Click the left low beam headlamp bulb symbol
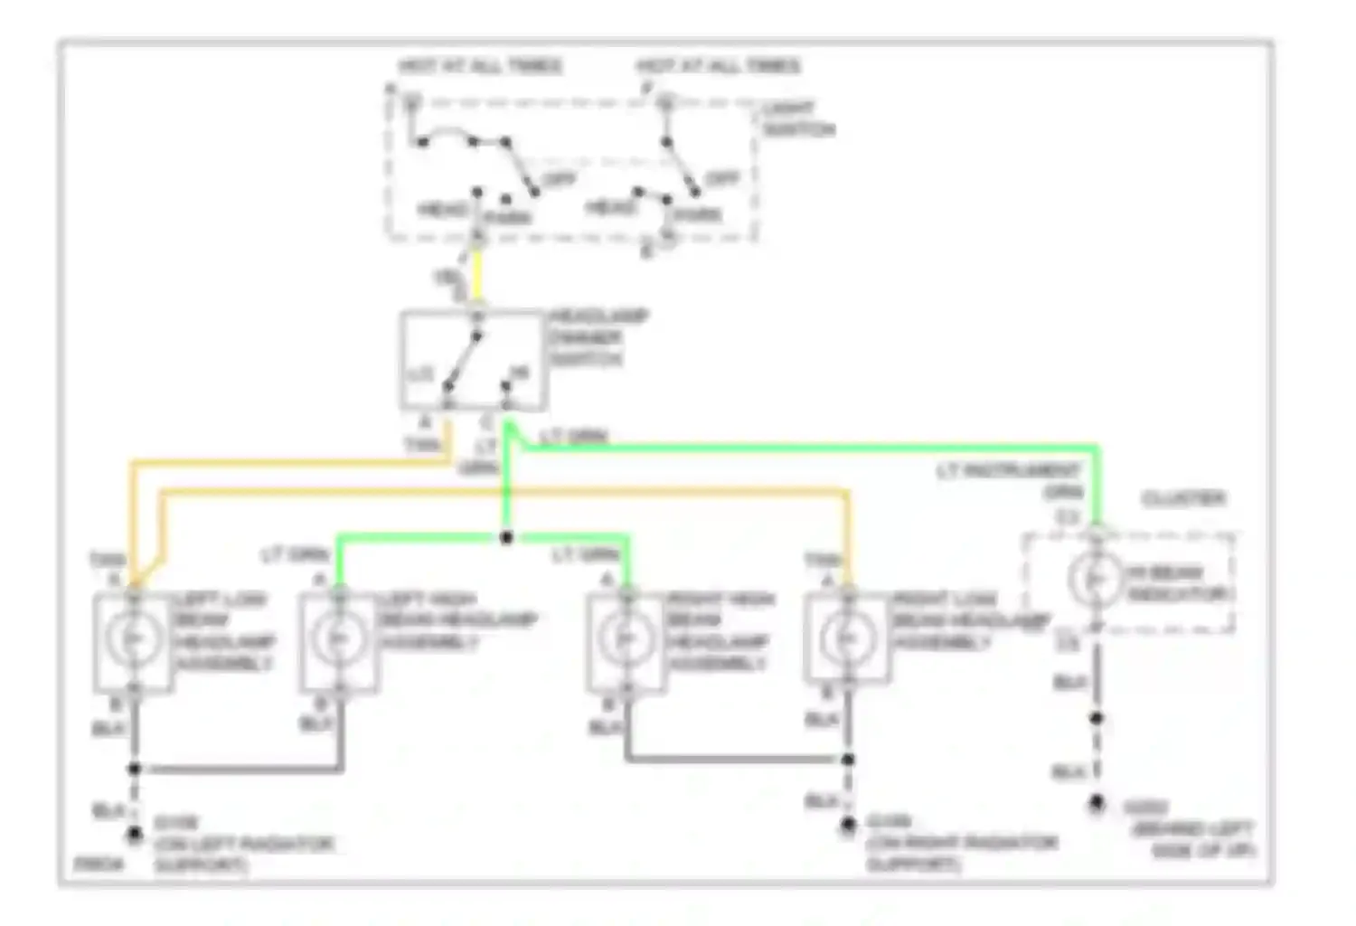click(133, 638)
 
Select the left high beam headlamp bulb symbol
click(340, 638)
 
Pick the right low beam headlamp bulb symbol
click(846, 638)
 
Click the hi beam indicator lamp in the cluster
click(1095, 579)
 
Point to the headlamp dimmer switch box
click(474, 360)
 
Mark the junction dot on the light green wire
click(506, 538)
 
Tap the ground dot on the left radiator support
click(134, 834)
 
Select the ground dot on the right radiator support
click(847, 825)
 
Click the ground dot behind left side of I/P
click(1096, 802)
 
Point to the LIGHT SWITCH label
click(796, 118)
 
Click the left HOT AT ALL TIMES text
click(480, 66)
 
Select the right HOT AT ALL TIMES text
click(718, 66)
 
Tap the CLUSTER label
click(1183, 498)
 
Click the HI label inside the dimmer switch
click(519, 373)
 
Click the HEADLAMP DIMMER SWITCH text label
click(598, 337)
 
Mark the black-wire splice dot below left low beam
click(134, 769)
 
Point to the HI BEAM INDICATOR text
click(1177, 583)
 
